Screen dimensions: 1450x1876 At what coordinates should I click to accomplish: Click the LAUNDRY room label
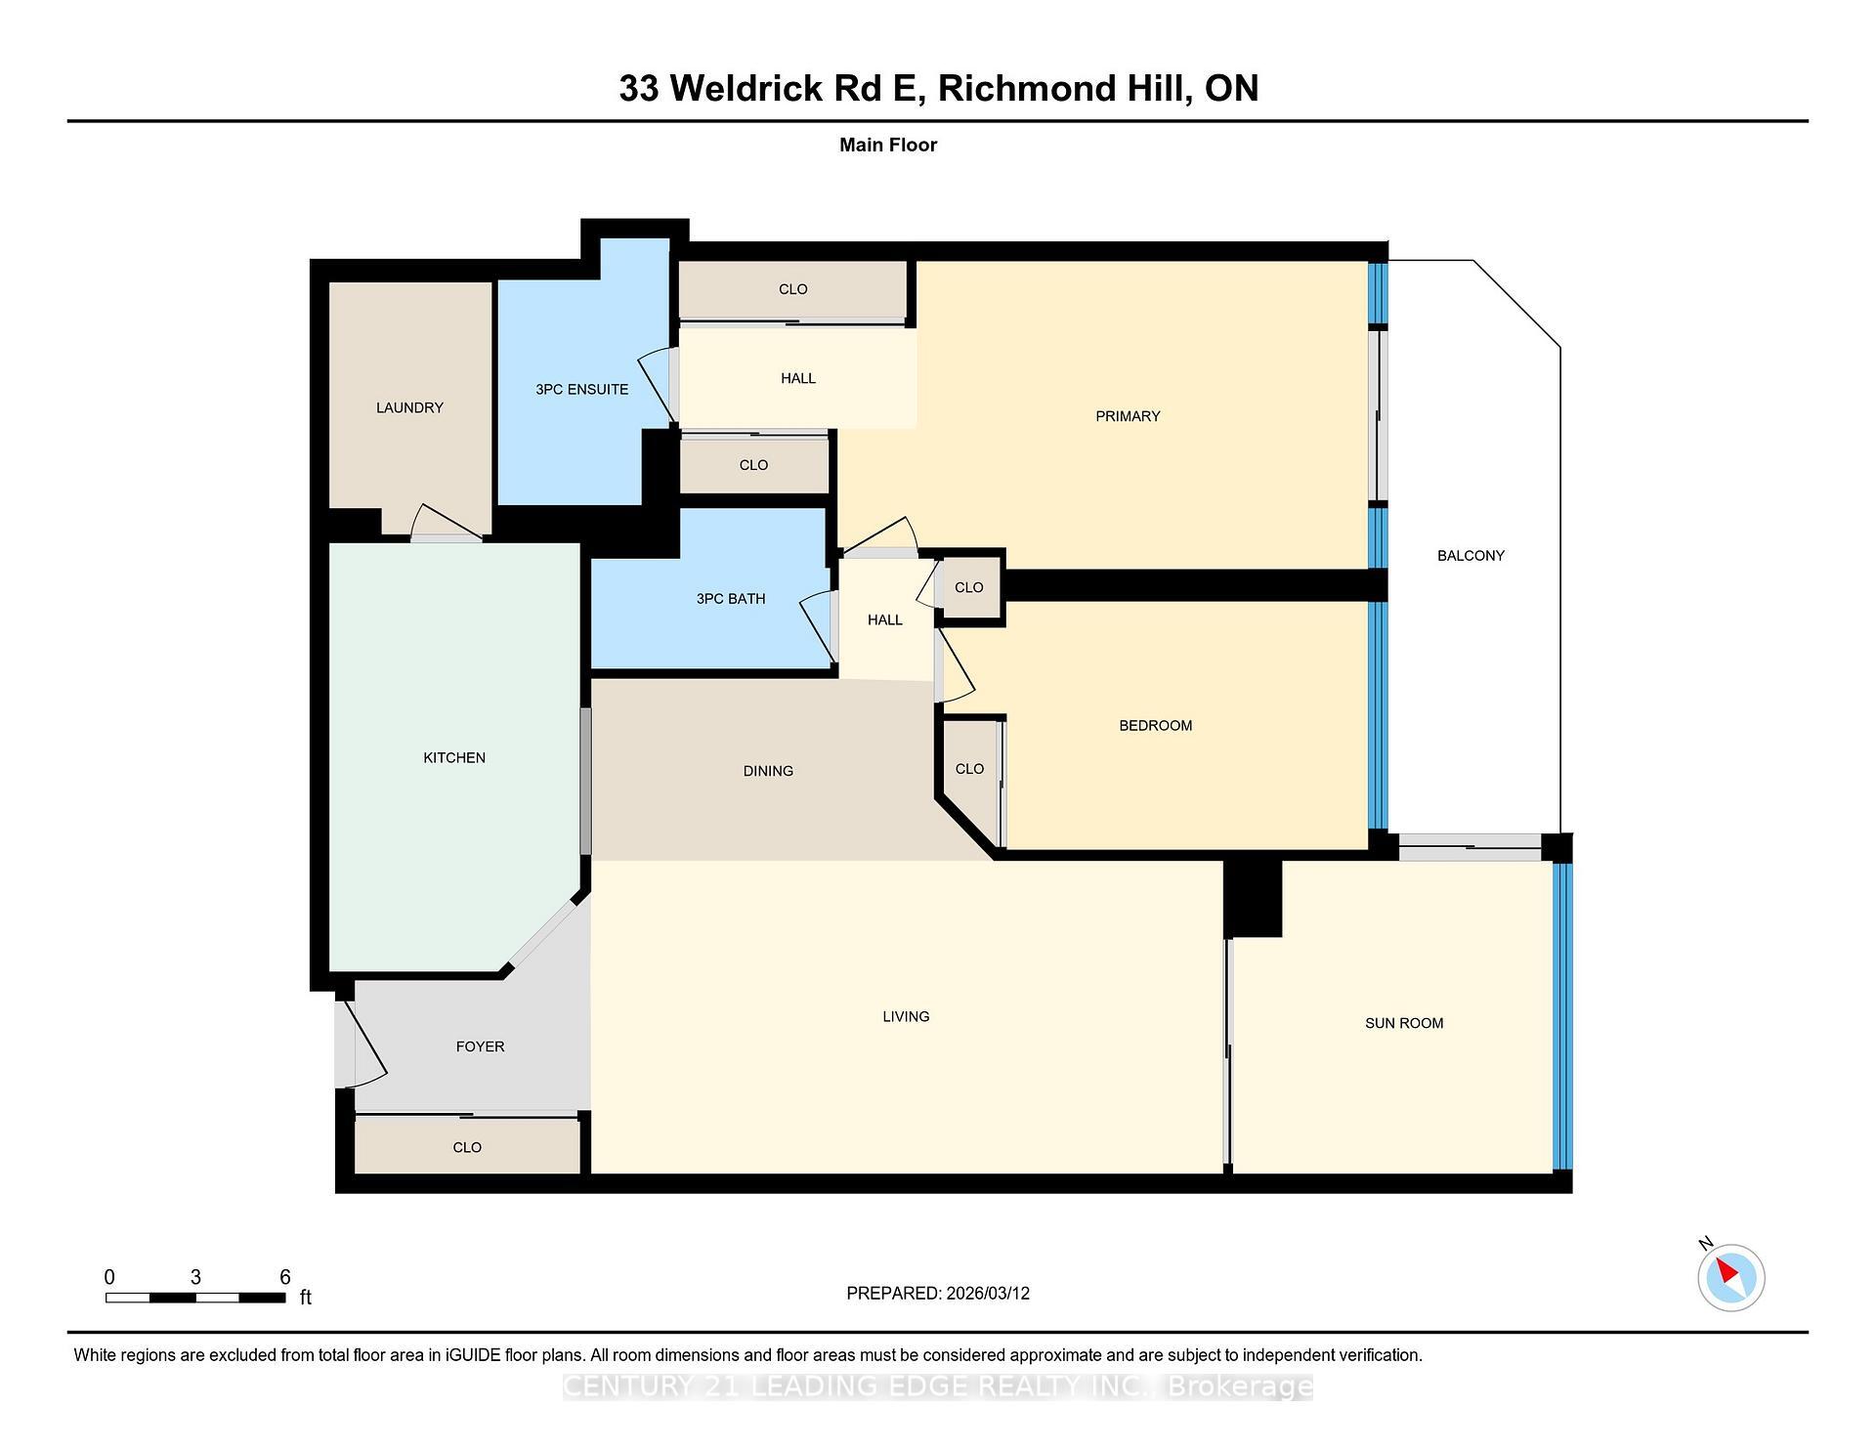point(409,407)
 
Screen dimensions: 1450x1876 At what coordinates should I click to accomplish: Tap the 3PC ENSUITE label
point(581,389)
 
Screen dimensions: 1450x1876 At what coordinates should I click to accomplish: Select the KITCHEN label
point(453,757)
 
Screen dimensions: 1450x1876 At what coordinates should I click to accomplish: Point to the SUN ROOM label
point(1403,1023)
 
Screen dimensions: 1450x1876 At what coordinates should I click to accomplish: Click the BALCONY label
point(1470,555)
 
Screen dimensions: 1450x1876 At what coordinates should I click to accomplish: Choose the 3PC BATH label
point(730,598)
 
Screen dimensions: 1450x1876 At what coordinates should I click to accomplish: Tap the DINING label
point(767,771)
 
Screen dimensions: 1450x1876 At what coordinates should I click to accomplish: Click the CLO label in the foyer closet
point(467,1147)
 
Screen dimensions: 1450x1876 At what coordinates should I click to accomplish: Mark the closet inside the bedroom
point(968,769)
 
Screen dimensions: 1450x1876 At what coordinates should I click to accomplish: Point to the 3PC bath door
point(817,625)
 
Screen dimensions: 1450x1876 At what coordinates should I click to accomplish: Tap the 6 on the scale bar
point(284,1277)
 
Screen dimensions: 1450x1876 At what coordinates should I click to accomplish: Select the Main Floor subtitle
point(887,145)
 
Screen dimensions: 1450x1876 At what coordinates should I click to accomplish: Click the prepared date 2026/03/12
point(987,1293)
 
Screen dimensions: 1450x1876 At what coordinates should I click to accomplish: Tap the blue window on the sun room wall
point(1562,1016)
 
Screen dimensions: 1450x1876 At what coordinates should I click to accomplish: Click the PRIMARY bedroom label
point(1127,416)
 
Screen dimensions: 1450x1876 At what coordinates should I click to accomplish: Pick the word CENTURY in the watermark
point(625,1386)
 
